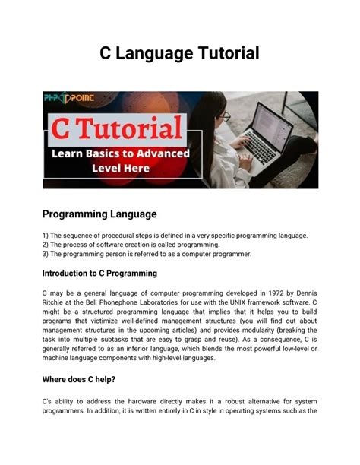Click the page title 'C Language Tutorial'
coord(180,53)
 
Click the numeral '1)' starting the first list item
coord(46,236)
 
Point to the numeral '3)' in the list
coord(46,254)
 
